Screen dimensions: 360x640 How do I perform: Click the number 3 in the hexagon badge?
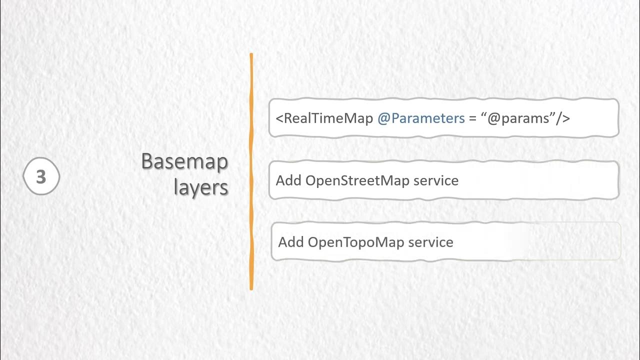coord(41,177)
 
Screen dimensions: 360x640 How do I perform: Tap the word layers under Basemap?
coord(201,187)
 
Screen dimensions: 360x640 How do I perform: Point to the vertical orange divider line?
coord(251,170)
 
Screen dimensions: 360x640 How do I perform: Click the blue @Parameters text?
coord(421,118)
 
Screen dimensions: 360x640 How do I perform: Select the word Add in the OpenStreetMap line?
coord(288,180)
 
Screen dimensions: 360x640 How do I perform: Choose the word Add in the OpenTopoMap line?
coord(291,242)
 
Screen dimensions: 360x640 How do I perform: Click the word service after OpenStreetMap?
coord(436,180)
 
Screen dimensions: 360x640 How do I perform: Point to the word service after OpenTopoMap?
coord(431,242)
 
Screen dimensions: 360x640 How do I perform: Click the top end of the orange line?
coord(251,55)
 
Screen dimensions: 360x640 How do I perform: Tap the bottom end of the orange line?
coord(251,288)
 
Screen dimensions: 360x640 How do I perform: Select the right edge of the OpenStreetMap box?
coord(618,180)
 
